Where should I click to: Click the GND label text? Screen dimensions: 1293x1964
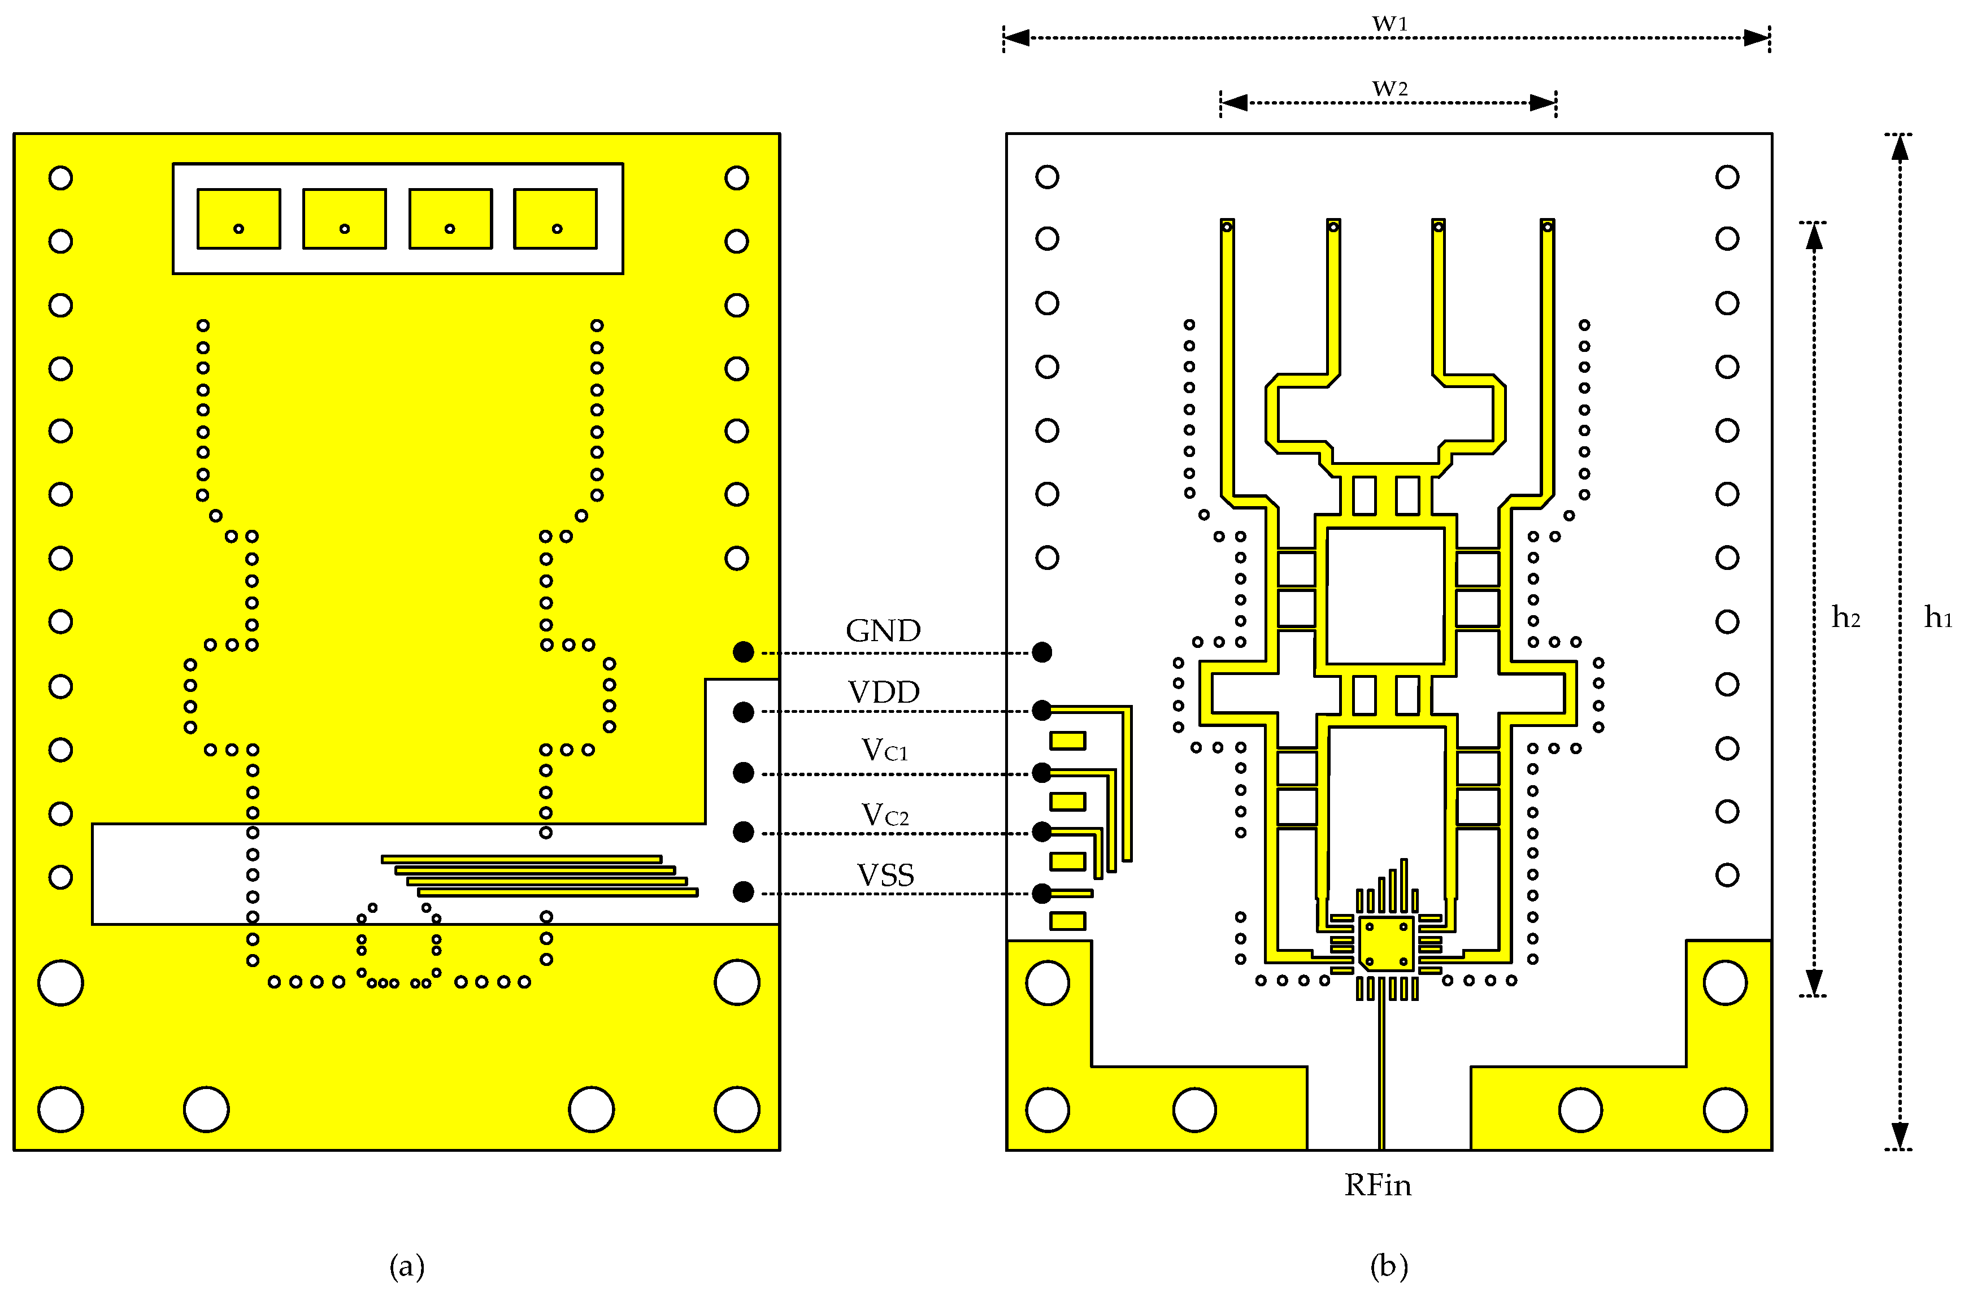(x=883, y=630)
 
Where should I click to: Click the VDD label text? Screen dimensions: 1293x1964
(x=884, y=693)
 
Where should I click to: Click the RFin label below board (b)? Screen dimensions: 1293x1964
(x=1378, y=1186)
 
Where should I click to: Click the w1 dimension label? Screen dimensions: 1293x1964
(x=1389, y=23)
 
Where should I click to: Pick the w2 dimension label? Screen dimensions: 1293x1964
(x=1389, y=88)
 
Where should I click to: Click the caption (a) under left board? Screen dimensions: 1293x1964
(x=406, y=1266)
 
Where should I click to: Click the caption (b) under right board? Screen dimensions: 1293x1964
(x=1389, y=1266)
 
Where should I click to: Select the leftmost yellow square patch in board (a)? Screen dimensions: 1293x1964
(x=238, y=219)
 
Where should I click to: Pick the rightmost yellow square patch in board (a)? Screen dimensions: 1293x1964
(x=555, y=219)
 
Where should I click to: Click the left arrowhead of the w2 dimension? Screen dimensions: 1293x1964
(x=1233, y=102)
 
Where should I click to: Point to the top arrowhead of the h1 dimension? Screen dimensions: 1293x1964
(x=1900, y=147)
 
